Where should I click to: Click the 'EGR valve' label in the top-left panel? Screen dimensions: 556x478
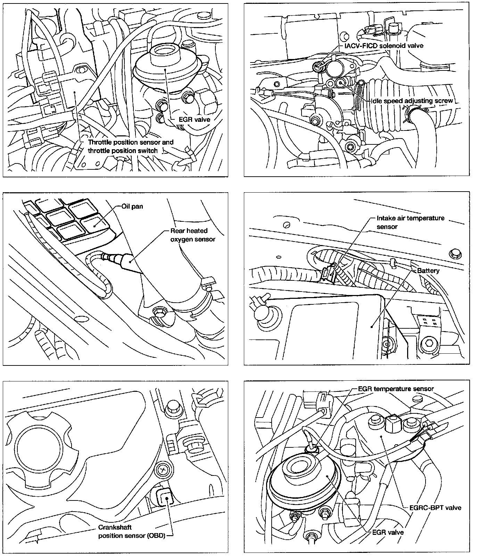(195, 119)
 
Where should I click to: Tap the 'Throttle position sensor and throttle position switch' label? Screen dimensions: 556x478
(130, 146)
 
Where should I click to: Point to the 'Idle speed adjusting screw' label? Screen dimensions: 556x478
(412, 101)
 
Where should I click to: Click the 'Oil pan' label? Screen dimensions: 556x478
(132, 207)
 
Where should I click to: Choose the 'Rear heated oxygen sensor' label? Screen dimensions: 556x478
(192, 235)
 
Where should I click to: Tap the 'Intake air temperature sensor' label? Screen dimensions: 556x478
(410, 222)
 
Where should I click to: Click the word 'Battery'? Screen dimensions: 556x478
(428, 271)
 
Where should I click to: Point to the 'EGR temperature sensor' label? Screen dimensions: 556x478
(396, 389)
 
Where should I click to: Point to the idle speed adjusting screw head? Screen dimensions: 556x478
(340, 83)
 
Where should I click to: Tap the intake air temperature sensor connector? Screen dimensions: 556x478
(328, 273)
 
